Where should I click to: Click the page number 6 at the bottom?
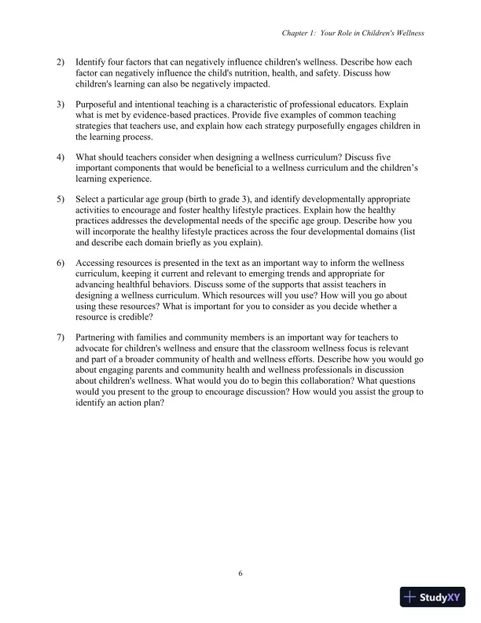(x=240, y=573)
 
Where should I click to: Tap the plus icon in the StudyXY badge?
(x=409, y=597)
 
